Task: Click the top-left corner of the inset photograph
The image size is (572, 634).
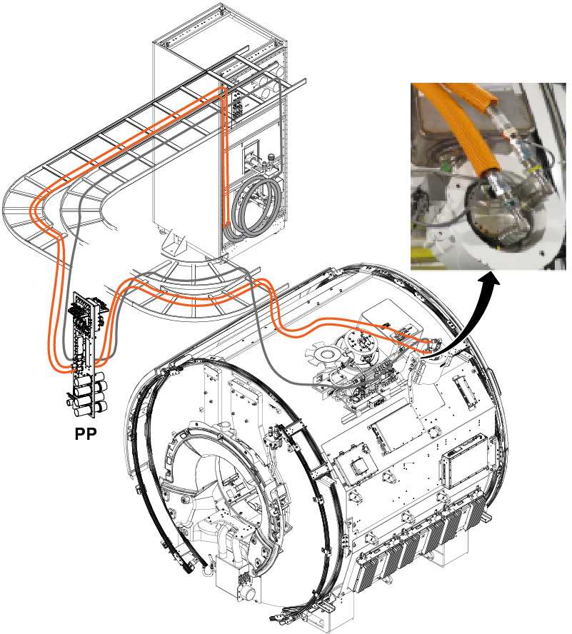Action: click(411, 84)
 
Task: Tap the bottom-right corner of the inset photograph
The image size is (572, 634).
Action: click(566, 270)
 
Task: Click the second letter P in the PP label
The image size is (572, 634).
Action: click(91, 434)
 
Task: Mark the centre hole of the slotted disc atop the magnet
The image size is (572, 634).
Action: click(325, 355)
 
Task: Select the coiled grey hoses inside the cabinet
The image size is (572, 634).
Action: click(251, 209)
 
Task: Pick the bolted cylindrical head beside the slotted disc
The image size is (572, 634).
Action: click(363, 343)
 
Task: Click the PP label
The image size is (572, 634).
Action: click(86, 434)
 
